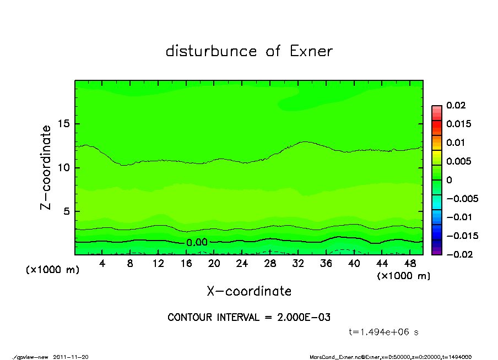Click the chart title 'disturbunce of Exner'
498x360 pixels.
coord(249,51)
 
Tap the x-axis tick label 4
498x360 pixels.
coord(102,264)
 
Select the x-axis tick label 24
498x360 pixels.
coord(242,264)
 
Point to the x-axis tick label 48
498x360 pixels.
coord(409,264)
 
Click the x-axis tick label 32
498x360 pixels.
coord(298,264)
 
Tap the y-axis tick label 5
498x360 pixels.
coord(68,211)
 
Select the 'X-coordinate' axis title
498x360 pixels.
coord(249,291)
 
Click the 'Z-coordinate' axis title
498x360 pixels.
coord(46,167)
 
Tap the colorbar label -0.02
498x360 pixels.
coord(458,254)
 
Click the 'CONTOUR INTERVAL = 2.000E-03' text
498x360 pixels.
coord(249,318)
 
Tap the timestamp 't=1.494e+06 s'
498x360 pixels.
coord(385,332)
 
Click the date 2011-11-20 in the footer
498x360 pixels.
coord(71,357)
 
